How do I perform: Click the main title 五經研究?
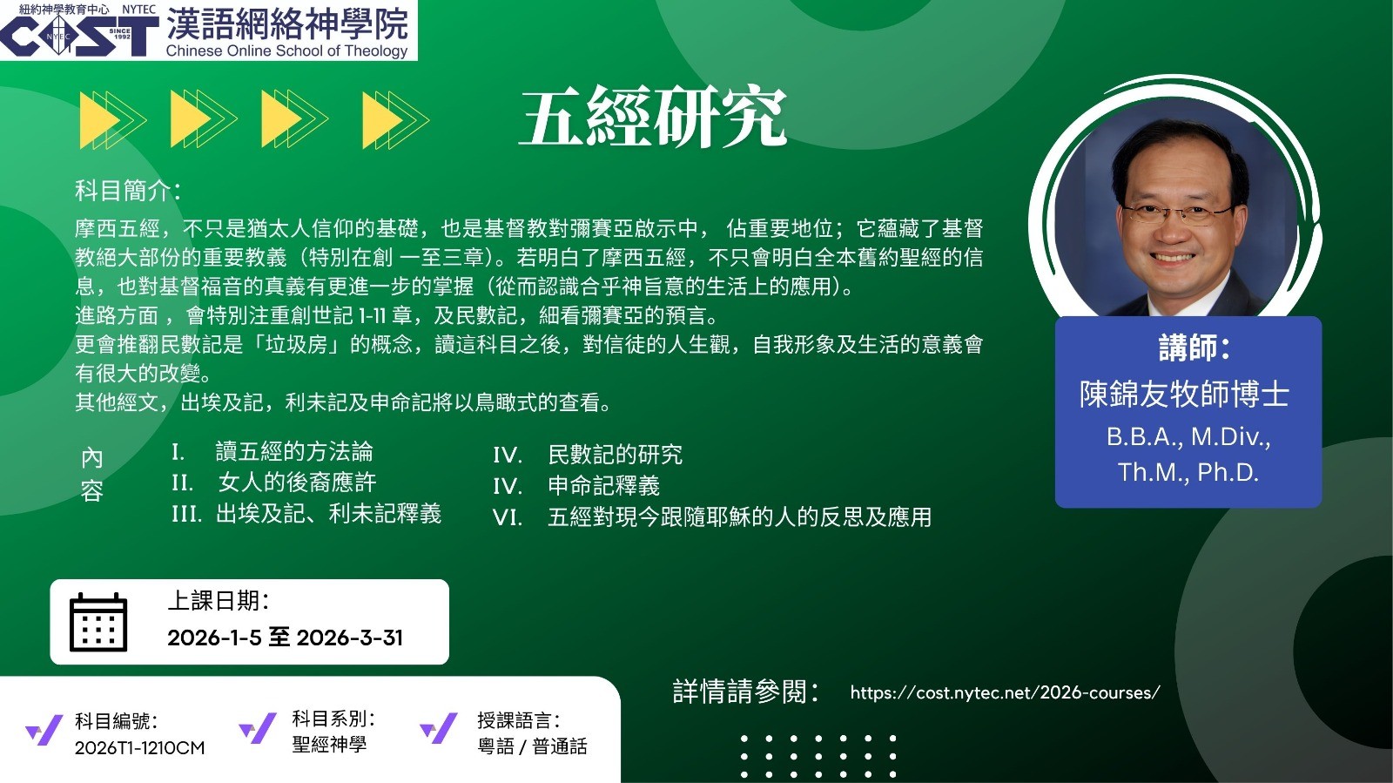click(x=653, y=117)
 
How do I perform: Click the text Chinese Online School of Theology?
click(x=286, y=51)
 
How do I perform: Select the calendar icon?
click(x=98, y=622)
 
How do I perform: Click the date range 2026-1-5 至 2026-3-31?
click(x=285, y=638)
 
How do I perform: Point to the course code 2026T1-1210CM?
click(x=139, y=747)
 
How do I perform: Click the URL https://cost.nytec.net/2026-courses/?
click(x=1005, y=692)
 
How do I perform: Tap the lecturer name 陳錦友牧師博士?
click(x=1184, y=395)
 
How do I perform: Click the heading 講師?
click(x=1194, y=347)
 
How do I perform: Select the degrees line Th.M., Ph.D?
click(x=1188, y=472)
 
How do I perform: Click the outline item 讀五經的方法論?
click(x=294, y=451)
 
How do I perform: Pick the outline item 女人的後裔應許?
click(x=297, y=483)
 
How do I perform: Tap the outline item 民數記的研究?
click(x=615, y=455)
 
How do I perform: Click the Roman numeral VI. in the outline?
click(x=508, y=517)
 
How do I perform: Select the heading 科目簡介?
click(x=128, y=191)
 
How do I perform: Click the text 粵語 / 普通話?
click(x=532, y=746)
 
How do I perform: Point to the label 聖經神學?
click(x=330, y=745)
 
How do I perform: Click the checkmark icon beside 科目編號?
click(x=44, y=730)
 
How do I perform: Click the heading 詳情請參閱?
click(x=746, y=692)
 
